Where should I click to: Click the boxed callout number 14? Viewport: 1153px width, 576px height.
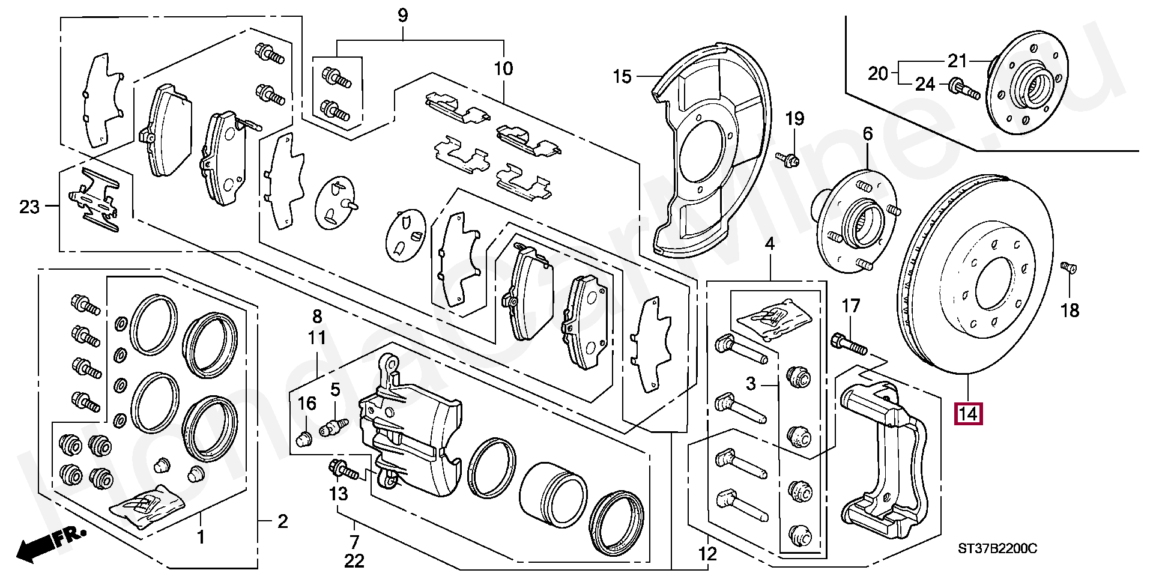pos(968,414)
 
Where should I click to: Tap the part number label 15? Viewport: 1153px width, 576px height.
pos(623,77)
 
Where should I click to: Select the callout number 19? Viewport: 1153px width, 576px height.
pos(794,119)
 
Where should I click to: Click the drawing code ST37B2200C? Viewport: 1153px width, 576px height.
pos(997,548)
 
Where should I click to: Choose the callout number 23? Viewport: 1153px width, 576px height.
pos(29,207)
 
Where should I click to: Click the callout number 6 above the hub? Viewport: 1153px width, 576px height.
pos(868,134)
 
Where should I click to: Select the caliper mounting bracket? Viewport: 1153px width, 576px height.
pos(886,462)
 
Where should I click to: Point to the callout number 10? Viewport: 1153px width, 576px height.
pos(503,68)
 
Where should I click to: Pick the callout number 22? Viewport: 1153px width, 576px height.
pos(354,561)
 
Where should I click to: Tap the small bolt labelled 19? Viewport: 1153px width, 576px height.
pos(787,159)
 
